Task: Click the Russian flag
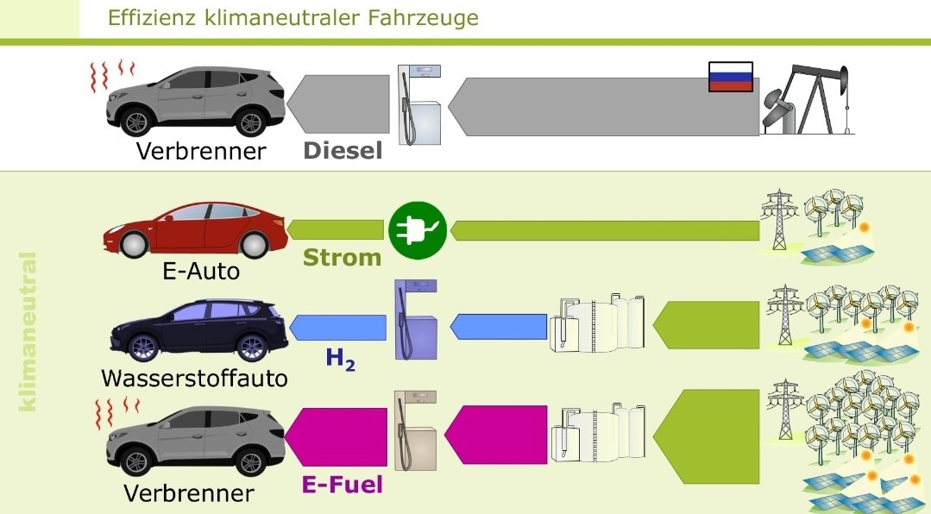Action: [730, 77]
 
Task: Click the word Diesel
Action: [343, 151]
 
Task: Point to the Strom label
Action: [342, 257]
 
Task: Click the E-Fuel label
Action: [342, 485]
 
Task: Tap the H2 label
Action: [341, 358]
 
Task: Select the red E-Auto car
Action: [197, 229]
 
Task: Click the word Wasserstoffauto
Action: [194, 379]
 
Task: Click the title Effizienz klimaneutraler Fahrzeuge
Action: [293, 17]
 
